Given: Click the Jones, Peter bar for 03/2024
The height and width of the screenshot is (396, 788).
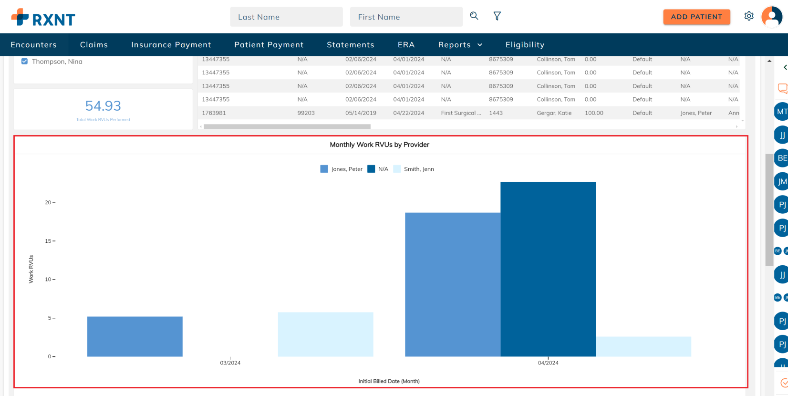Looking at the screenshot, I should point(135,336).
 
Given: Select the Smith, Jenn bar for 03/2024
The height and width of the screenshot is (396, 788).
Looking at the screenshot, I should point(325,334).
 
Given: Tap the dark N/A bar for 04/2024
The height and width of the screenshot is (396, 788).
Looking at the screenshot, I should point(548,269).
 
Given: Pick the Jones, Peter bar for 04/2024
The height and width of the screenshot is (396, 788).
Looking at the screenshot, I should point(453,284).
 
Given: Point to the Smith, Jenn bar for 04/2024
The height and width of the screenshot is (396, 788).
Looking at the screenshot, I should point(643,346).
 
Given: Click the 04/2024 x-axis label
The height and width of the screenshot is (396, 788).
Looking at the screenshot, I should point(548,363).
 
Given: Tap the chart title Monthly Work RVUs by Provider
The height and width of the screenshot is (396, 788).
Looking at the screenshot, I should point(379,145).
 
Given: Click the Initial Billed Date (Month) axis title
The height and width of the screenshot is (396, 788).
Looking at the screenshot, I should point(389,381).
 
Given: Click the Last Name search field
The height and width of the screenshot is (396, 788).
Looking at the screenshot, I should point(286,17).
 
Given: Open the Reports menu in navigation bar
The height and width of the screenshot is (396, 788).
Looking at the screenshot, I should point(460,45).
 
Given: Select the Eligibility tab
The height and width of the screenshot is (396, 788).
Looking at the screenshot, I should point(525,45).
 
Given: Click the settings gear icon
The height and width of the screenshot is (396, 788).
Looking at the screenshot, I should point(749,16).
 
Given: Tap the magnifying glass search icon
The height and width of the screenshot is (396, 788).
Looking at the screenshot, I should point(474,16).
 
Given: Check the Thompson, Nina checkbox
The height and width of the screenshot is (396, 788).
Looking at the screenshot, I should point(25,62).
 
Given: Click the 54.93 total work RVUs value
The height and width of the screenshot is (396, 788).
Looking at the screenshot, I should point(103,105).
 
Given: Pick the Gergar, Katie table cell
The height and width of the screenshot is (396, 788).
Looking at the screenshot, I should point(554,113).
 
